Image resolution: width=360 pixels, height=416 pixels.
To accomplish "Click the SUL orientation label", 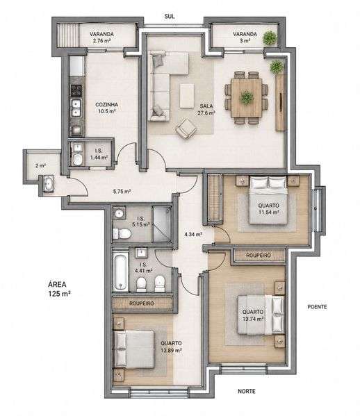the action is click(170, 16).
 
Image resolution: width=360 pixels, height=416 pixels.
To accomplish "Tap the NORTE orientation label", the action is click(247, 391).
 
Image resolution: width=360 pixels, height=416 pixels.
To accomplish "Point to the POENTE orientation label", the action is click(317, 307).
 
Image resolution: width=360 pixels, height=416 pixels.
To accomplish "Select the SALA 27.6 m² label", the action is click(206, 109).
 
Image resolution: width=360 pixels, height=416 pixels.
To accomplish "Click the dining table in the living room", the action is click(247, 98).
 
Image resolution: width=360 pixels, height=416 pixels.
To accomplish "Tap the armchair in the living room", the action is click(186, 128).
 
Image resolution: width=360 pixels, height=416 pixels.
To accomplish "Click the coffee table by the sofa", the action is click(187, 96).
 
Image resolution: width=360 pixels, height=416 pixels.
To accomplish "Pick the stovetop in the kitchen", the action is click(76, 90).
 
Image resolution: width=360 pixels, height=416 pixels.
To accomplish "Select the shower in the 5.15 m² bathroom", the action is click(161, 224).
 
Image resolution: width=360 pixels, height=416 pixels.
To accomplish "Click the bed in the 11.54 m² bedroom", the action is click(268, 200).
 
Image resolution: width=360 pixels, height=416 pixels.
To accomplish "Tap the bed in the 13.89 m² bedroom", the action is click(134, 349).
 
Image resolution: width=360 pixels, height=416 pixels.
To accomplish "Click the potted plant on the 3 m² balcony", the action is click(270, 38).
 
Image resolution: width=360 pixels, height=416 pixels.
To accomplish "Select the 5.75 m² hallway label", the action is click(122, 191).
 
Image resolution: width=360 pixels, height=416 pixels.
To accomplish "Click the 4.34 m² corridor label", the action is click(193, 234).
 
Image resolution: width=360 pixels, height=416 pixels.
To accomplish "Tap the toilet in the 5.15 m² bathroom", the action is click(122, 234).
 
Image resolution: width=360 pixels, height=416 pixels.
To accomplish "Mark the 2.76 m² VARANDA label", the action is click(101, 38).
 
